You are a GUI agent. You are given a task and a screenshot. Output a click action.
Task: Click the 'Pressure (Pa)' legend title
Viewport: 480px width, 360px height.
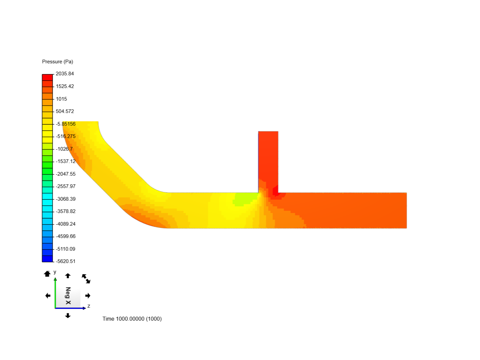tap(57, 62)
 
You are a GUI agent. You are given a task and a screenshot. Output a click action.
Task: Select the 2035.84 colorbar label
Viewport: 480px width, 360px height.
tap(65, 74)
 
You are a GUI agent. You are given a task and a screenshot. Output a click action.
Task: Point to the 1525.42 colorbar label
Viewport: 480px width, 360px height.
tap(65, 86)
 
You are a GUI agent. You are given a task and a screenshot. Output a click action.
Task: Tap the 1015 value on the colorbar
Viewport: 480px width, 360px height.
tap(61, 99)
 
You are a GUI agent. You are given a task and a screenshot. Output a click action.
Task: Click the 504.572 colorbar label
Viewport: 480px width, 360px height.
tap(65, 111)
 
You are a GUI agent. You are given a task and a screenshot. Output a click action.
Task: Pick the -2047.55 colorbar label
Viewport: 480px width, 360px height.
tap(66, 174)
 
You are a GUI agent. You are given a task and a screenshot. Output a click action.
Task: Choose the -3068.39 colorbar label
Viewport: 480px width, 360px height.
tap(66, 199)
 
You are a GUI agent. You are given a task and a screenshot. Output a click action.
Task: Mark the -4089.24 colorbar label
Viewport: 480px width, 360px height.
tap(66, 224)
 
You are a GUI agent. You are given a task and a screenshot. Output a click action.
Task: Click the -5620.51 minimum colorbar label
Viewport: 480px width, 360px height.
tap(66, 261)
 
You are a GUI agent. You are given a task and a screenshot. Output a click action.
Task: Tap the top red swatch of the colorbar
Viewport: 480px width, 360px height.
tap(47, 77)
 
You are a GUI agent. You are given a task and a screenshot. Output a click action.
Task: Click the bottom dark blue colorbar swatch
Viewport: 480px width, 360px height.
tap(47, 259)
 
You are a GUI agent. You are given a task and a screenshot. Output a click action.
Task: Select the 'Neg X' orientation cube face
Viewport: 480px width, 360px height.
tap(68, 296)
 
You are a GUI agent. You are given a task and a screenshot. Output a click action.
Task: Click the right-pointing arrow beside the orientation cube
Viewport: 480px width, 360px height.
tap(88, 296)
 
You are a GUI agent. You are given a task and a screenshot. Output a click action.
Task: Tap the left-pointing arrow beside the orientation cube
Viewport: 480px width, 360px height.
tap(48, 296)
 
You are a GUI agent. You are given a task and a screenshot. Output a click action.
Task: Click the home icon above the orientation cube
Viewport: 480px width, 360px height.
tap(47, 274)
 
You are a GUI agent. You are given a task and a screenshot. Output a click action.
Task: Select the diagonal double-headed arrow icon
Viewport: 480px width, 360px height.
tap(86, 279)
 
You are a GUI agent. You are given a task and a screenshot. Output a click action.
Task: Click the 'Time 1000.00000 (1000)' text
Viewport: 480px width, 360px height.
tap(132, 319)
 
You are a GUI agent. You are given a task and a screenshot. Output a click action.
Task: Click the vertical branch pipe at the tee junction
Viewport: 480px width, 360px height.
tap(268, 160)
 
